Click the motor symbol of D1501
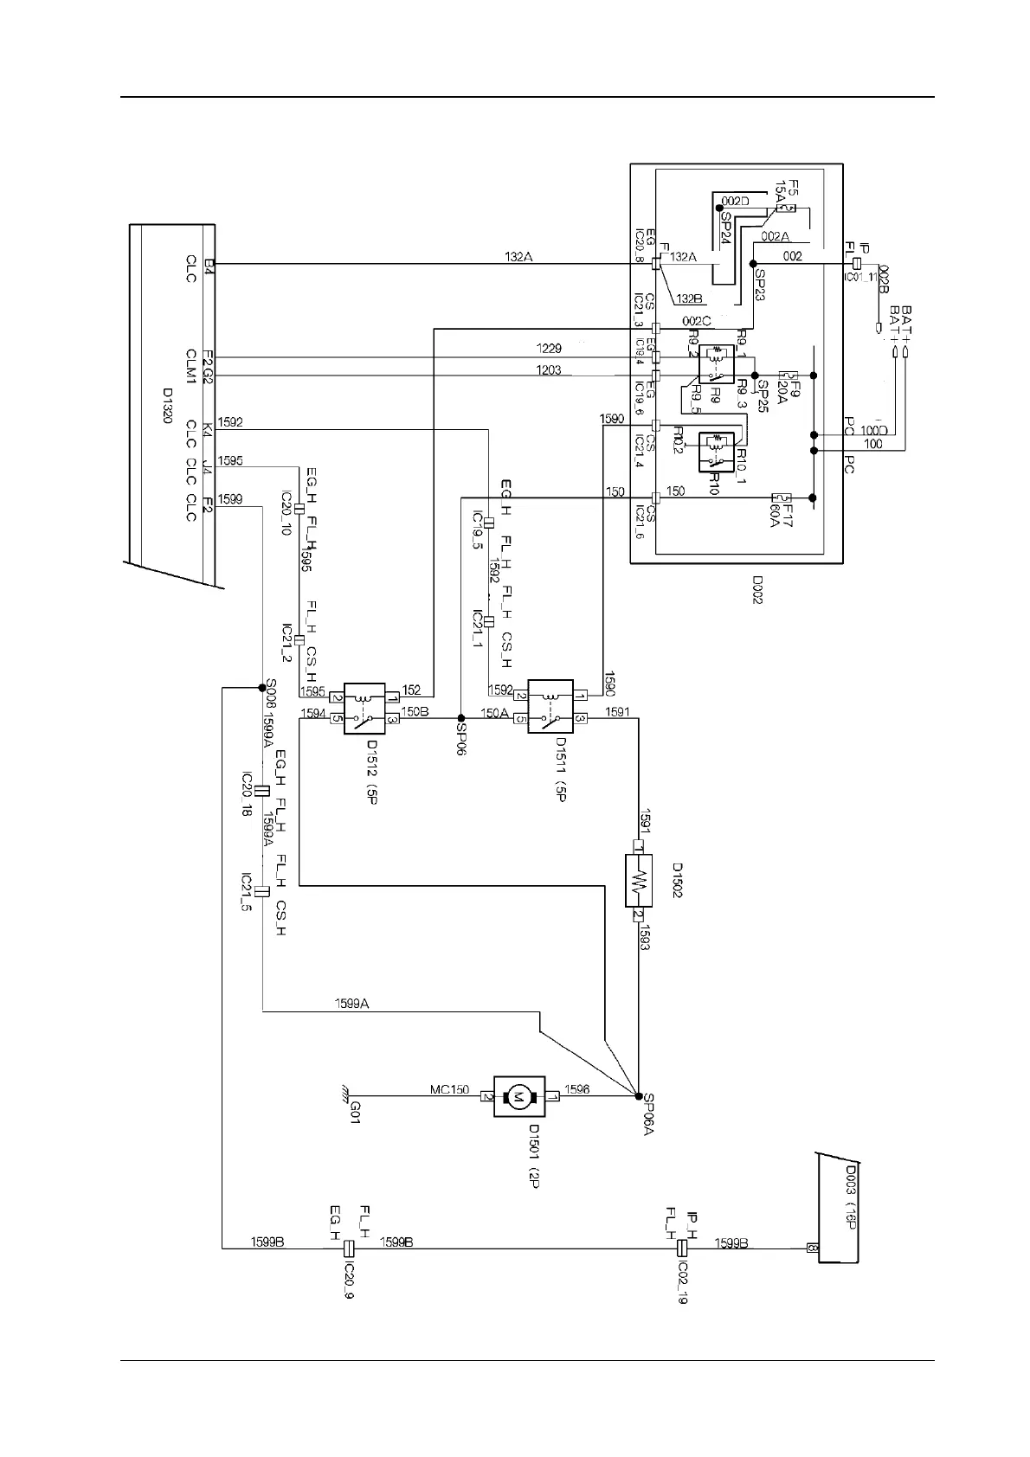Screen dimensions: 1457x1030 click(x=519, y=1097)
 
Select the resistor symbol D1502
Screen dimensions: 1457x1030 click(x=638, y=881)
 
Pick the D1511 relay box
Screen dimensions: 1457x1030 click(x=550, y=706)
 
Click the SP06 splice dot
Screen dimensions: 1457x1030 click(x=460, y=718)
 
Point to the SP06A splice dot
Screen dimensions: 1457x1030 click(x=638, y=1096)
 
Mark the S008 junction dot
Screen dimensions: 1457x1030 click(x=261, y=688)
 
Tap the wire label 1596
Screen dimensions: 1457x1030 click(x=577, y=1089)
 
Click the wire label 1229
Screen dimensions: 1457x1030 click(x=549, y=349)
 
